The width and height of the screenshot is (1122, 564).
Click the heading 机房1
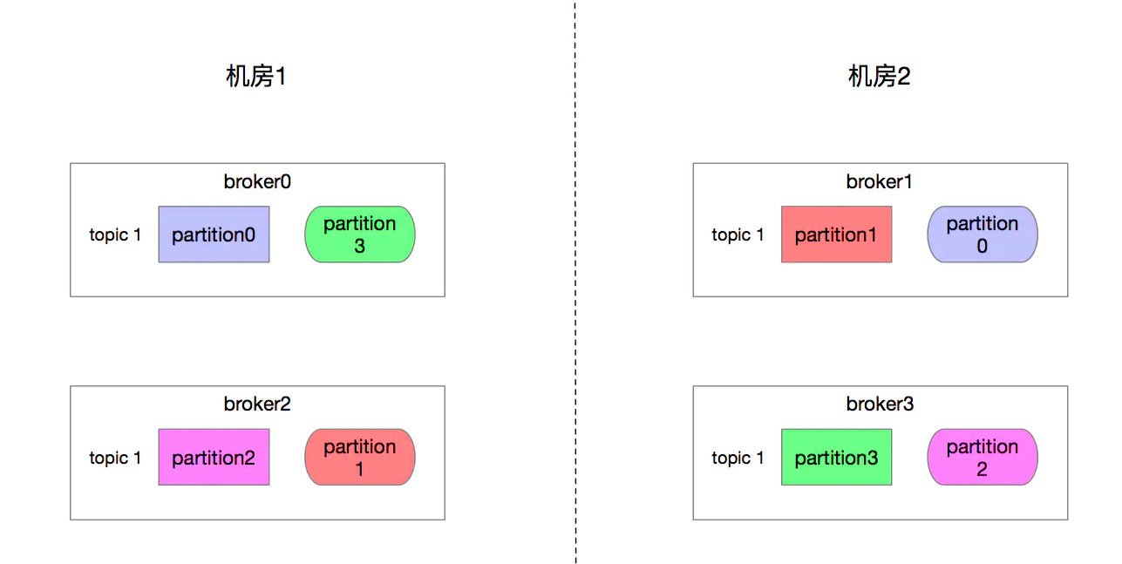point(256,77)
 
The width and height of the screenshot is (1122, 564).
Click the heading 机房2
point(879,77)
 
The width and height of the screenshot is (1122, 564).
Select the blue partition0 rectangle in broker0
point(214,234)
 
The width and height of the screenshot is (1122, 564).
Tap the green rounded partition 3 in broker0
point(360,234)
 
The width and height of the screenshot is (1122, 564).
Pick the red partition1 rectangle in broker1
point(837,234)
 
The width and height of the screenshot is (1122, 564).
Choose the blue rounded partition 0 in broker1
point(983,234)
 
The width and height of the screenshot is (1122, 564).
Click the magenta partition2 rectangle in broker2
point(214,457)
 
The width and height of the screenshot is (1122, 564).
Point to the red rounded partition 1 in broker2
point(360,457)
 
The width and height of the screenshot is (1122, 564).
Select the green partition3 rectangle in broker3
point(837,457)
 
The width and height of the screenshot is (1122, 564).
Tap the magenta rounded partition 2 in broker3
point(983,457)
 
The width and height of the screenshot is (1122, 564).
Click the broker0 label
point(257,181)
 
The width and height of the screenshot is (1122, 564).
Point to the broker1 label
point(879,181)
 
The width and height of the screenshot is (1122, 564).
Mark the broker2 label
point(257,404)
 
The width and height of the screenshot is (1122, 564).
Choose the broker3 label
point(880,404)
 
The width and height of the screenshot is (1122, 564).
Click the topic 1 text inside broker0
point(115,234)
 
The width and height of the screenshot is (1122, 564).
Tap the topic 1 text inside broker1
point(738,234)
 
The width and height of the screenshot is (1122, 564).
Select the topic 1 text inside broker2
point(115,458)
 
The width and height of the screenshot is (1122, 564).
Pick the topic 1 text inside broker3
point(738,458)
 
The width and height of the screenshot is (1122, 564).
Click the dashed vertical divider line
point(575,282)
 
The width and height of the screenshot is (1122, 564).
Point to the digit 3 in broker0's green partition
point(360,246)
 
